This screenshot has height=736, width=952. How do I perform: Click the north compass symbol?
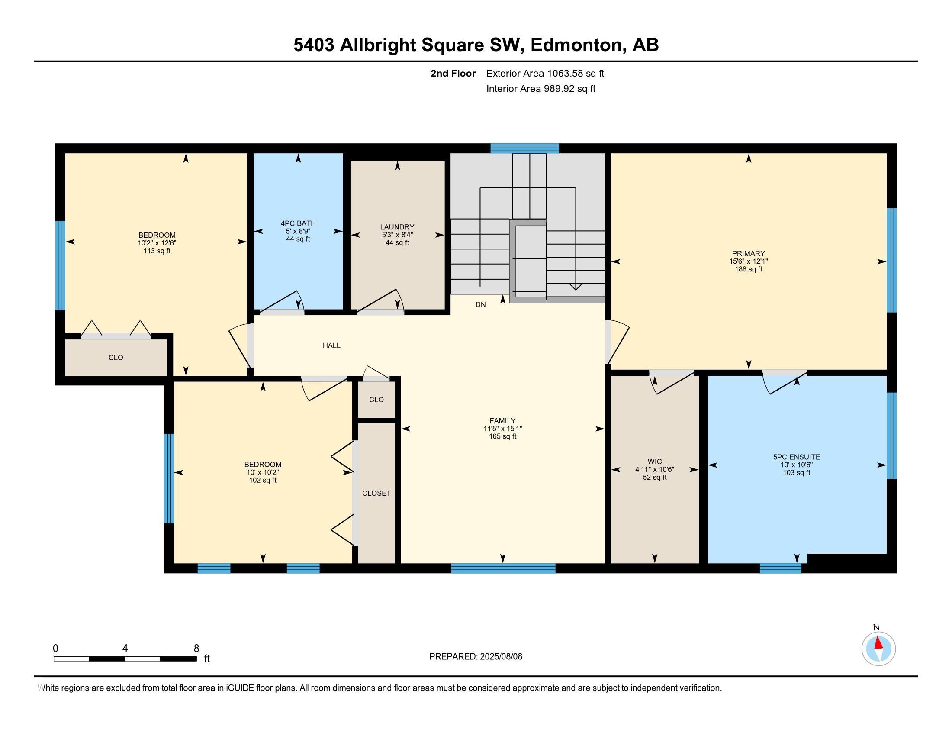tap(878, 649)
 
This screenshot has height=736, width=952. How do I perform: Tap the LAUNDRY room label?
tap(397, 227)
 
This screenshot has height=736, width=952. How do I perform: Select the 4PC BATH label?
tap(298, 224)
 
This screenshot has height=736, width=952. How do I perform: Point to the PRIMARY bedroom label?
tap(749, 253)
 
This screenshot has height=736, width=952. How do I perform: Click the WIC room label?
tap(655, 462)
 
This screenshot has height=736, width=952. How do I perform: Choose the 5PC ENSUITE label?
tap(797, 457)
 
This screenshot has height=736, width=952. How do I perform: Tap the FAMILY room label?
tap(502, 421)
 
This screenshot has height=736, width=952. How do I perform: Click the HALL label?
tap(332, 345)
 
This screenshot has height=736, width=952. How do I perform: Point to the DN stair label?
tap(480, 304)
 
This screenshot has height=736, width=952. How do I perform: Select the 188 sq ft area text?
tap(749, 269)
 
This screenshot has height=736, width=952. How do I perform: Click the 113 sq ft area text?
tap(157, 251)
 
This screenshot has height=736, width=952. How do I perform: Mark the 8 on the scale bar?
tap(196, 649)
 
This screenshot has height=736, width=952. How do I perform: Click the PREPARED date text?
tap(476, 656)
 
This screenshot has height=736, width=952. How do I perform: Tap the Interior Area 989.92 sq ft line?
tap(541, 89)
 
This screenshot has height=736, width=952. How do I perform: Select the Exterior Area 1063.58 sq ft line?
tap(545, 73)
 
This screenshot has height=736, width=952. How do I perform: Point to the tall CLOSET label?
tap(376, 493)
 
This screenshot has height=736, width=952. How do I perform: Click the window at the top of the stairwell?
tap(524, 148)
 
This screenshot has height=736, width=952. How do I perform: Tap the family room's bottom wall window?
tap(503, 568)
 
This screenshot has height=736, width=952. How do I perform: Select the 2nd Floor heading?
tap(453, 73)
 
